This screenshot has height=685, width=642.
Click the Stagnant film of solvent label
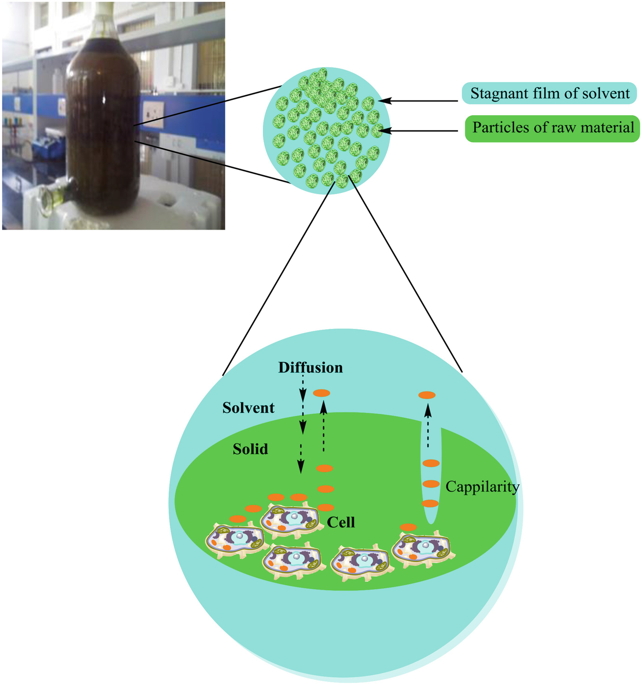point(549,93)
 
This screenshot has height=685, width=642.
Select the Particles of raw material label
point(552,128)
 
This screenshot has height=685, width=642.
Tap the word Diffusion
point(310,367)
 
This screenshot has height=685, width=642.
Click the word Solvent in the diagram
point(248,408)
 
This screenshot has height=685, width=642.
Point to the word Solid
point(250,449)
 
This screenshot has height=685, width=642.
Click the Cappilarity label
point(482,487)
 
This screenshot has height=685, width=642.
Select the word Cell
point(341,522)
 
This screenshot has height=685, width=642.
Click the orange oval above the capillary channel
point(427,395)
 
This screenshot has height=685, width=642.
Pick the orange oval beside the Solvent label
point(321,393)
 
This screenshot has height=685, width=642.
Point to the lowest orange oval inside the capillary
point(430,503)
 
